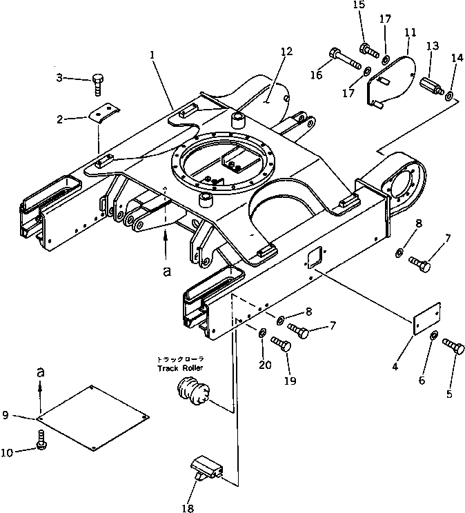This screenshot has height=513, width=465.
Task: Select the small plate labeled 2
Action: pyautogui.click(x=107, y=112)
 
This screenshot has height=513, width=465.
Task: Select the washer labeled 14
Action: pyautogui.click(x=450, y=96)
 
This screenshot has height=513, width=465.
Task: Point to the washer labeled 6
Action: pyautogui.click(x=433, y=336)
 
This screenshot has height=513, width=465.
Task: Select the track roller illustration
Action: pyautogui.click(x=192, y=394)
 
